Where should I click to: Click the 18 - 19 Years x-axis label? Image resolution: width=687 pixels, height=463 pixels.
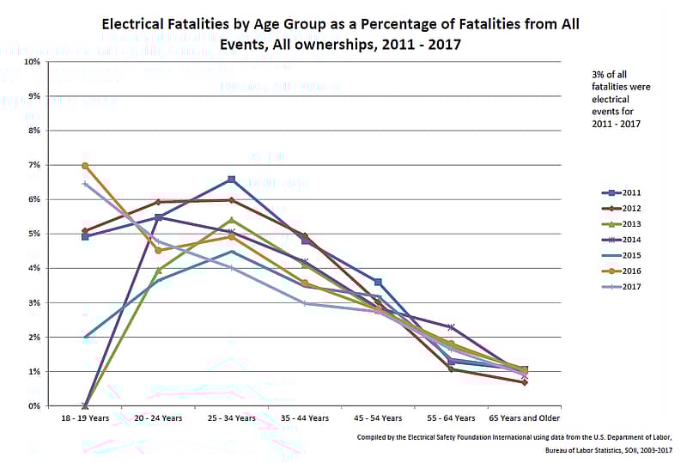tap(85, 418)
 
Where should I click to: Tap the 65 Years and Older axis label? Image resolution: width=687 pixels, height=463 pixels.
tap(524, 418)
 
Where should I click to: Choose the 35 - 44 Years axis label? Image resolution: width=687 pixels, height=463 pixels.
tap(305, 418)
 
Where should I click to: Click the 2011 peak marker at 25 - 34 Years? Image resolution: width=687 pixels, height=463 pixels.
tap(232, 180)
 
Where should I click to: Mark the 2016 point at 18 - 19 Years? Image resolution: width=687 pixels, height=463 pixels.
tap(85, 166)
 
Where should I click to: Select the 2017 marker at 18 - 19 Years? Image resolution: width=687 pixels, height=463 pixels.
tap(85, 184)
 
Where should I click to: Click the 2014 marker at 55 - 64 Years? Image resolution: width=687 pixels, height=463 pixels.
tap(451, 327)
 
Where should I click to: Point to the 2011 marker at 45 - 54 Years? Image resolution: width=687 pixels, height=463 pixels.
tap(378, 282)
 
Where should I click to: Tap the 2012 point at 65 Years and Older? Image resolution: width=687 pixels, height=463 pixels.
tap(524, 382)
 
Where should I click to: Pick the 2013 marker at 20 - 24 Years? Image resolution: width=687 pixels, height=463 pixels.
tap(158, 271)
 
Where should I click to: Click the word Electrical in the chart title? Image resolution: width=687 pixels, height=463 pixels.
tap(135, 23)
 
